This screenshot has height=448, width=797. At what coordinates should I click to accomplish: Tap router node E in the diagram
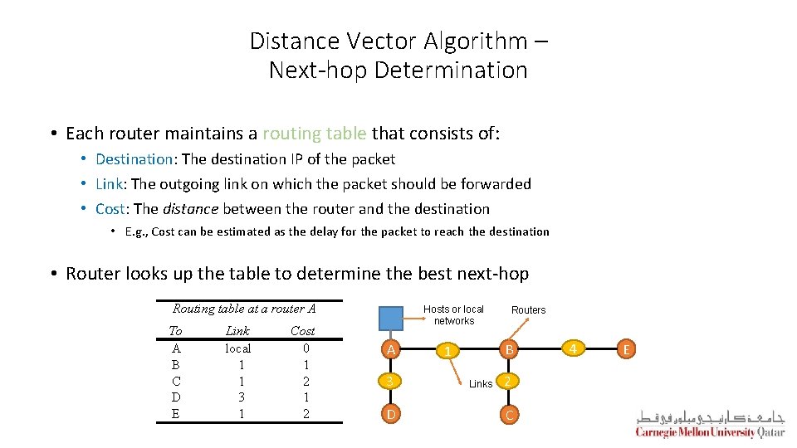coord(628,349)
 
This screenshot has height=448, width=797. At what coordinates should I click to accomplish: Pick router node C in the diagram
coord(511,413)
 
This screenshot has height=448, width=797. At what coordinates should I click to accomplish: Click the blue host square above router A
coord(390,319)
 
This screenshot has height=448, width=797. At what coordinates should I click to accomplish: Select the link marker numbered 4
coord(572,349)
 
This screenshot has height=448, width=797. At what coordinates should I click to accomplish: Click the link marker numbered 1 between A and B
coord(447,352)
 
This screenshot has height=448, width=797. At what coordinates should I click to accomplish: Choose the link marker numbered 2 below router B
coord(510,382)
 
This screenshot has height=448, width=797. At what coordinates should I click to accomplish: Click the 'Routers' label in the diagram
coord(528,310)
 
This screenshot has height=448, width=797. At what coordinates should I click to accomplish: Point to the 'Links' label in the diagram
coord(481,384)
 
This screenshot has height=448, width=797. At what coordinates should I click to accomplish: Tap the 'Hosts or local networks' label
coord(453,315)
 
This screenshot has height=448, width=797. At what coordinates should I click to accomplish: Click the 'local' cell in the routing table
coord(238,348)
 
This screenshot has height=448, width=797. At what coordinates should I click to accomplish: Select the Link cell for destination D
coord(241,397)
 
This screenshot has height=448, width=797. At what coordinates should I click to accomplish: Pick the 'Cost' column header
coord(302,331)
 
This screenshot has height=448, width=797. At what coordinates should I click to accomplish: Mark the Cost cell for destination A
coord(306,348)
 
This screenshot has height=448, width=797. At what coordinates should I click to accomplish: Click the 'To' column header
coord(175,331)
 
